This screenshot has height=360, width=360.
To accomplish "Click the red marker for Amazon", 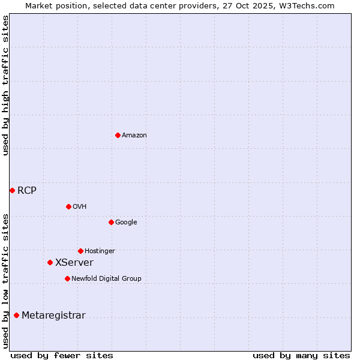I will tap(118, 135).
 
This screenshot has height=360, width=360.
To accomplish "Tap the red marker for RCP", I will tap(12, 190).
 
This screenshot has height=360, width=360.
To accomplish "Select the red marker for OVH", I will tap(68, 206).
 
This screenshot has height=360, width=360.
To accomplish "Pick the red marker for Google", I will tap(111, 222).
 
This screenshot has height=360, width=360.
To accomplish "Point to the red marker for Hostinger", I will tap(80, 251).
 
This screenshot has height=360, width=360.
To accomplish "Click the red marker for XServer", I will tap(50, 262).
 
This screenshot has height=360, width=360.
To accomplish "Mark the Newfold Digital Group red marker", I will tap(67, 278).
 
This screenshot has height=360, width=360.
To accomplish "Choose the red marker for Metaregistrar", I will tap(16, 315).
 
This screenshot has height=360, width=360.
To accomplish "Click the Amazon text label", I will tap(134, 136).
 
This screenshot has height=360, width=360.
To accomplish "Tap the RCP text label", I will tap(27, 191).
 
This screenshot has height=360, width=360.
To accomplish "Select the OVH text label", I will tap(80, 207).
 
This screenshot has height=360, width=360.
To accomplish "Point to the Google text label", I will tap(126, 223).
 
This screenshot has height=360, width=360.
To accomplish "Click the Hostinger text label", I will tap(100, 251).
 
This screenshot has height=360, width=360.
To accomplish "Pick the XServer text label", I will tap(74, 263).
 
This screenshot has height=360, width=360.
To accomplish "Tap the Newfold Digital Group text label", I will tap(106, 279).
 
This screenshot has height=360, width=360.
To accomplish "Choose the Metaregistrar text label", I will tap(53, 316).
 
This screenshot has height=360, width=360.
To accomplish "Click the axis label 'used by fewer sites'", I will tap(62, 355).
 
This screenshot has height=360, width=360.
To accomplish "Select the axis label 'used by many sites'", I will tap(301, 355).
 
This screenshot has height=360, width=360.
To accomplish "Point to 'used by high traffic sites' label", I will tap(5, 86).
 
